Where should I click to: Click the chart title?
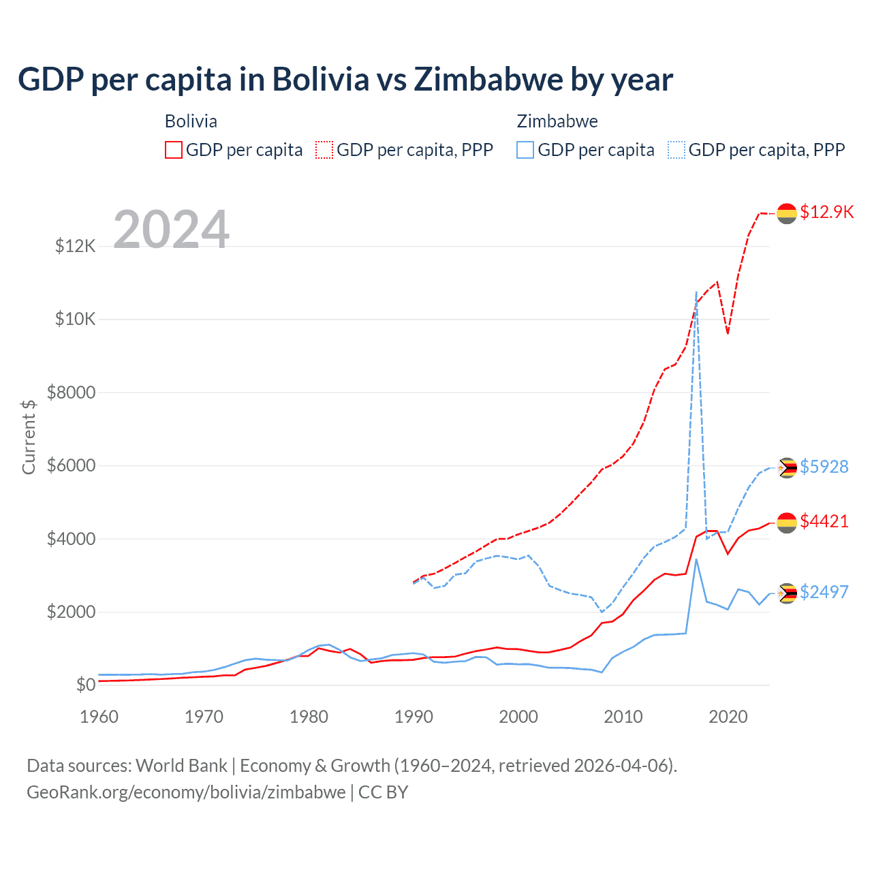[x=345, y=79]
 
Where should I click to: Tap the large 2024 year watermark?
[x=171, y=230]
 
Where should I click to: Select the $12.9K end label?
[x=826, y=212]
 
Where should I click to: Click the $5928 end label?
[x=824, y=467]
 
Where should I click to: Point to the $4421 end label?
[x=824, y=521]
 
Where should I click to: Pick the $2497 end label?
[x=824, y=592]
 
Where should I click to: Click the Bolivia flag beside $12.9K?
[x=787, y=213]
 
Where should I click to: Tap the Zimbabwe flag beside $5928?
[x=787, y=468]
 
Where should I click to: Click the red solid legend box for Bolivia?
[x=174, y=150]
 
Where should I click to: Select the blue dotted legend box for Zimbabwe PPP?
[x=676, y=150]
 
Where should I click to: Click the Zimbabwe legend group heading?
[x=557, y=121]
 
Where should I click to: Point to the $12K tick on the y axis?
[x=76, y=246]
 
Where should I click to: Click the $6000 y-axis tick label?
[x=71, y=466]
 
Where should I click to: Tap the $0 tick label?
[x=85, y=685]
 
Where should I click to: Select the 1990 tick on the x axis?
[x=414, y=717]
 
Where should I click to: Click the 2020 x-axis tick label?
[x=728, y=717]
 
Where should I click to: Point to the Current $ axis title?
[x=29, y=437]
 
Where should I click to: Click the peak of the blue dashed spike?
[x=696, y=292]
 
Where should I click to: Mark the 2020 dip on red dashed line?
[x=728, y=333]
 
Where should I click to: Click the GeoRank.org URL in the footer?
[x=186, y=792]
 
